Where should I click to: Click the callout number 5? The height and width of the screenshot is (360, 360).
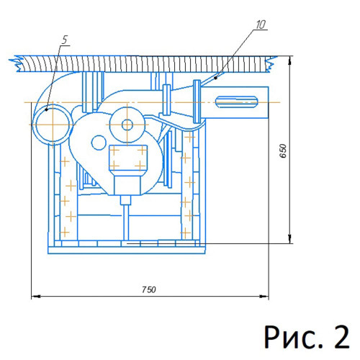(x=65, y=40)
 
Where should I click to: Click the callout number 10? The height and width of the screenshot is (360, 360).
(x=261, y=24)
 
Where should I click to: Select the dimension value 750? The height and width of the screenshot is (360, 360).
(x=149, y=289)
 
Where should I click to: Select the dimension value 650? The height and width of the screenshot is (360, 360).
(x=283, y=150)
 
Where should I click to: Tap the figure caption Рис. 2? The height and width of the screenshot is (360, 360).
(x=307, y=336)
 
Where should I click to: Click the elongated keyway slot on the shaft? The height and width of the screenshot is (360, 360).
(x=237, y=102)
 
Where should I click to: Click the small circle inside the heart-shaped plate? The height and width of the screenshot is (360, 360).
(x=99, y=143)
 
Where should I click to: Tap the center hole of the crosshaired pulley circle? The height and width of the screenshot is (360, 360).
(x=127, y=125)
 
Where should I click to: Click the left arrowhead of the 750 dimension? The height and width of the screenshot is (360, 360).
(x=35, y=297)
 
